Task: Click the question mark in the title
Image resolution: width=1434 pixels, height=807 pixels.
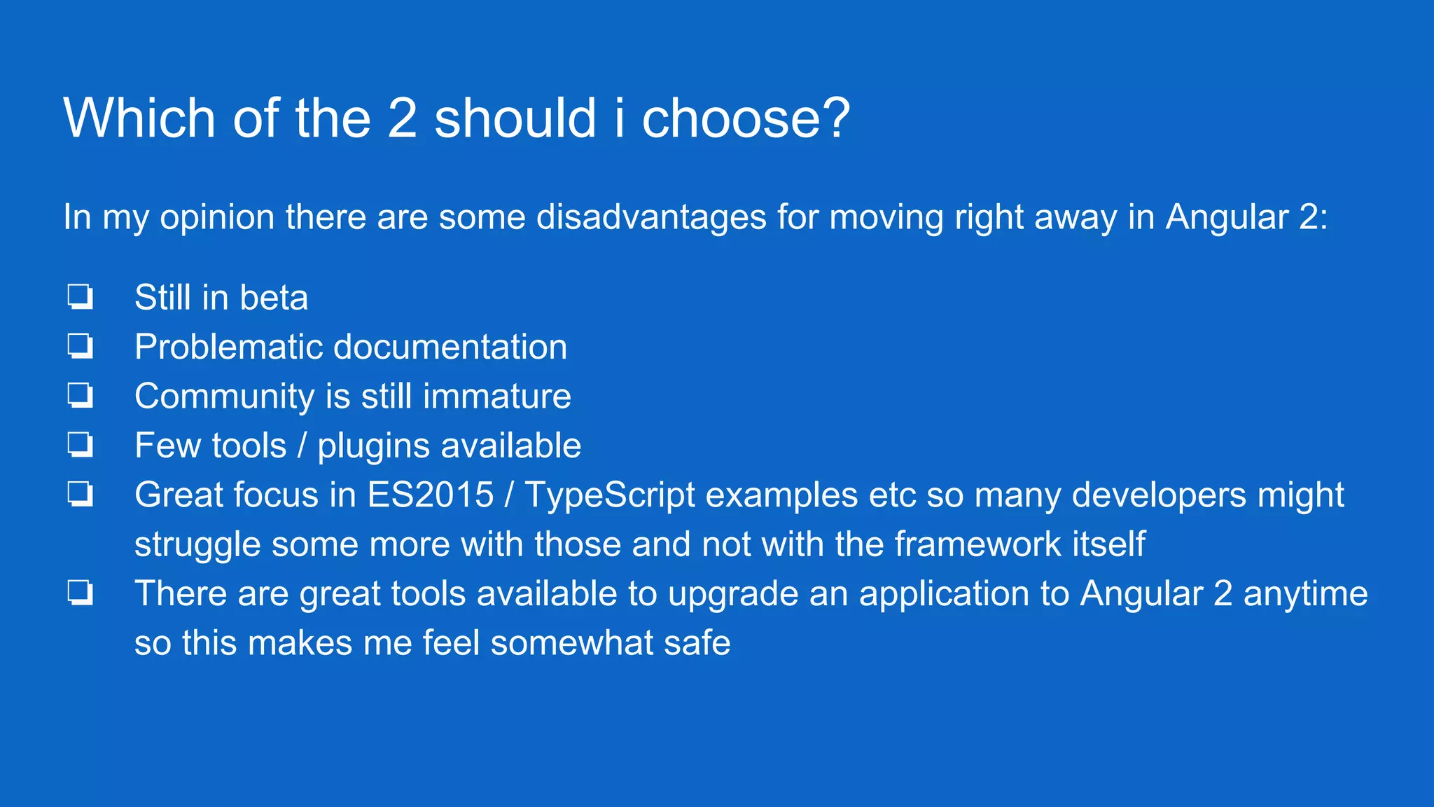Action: point(833,117)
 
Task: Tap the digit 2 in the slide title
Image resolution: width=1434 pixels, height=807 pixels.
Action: point(402,117)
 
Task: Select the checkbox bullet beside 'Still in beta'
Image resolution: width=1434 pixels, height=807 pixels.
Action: point(80,296)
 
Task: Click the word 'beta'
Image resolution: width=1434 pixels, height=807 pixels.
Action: point(274,298)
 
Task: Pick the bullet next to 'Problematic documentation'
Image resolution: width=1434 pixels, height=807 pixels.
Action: point(80,346)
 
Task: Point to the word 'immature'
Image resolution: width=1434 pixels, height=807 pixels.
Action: point(496,396)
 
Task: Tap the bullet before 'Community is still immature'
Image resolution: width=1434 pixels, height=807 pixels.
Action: point(80,395)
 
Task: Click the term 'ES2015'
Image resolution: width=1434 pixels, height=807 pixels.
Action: point(431,495)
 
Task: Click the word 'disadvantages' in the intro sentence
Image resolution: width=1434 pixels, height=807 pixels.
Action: point(651,217)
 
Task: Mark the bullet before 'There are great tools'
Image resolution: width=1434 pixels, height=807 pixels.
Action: point(80,593)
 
